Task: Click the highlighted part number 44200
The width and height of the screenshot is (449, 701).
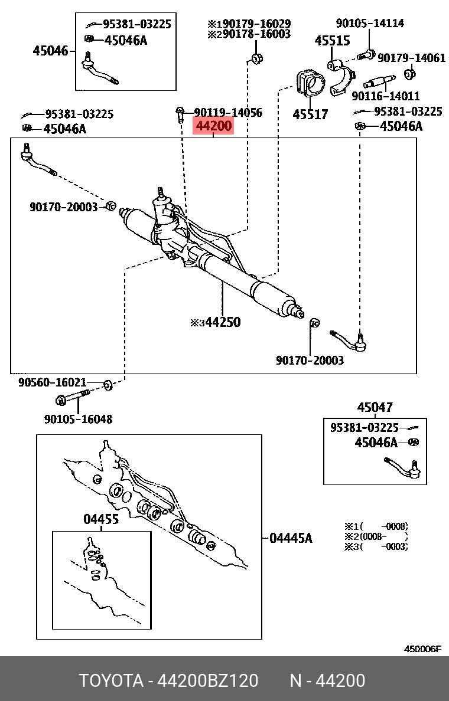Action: click(213, 126)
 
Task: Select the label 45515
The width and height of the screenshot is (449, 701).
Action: click(331, 41)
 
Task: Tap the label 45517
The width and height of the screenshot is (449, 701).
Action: click(310, 114)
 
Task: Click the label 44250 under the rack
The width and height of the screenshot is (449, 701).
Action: click(222, 322)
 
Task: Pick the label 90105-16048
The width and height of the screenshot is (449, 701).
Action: click(78, 419)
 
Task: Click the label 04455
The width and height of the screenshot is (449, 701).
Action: click(100, 519)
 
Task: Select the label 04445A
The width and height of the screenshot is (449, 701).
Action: click(291, 538)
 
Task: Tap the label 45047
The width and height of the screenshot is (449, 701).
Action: click(375, 407)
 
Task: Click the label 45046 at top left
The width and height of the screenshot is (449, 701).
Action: click(50, 51)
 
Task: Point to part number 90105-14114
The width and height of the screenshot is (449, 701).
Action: click(370, 23)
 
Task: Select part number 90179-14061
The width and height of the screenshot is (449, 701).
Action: click(412, 58)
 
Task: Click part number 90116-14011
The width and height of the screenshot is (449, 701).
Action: click(385, 96)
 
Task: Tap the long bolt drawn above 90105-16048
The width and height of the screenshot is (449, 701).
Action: click(73, 398)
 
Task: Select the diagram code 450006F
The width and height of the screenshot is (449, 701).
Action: click(422, 648)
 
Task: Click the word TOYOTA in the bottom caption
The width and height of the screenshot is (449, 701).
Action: click(112, 681)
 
